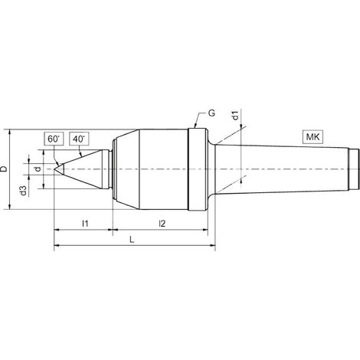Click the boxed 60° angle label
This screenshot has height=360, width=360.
pos(54,139)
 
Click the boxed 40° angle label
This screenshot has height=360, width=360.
pos(79,139)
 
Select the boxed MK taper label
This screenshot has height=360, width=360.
pos(313,137)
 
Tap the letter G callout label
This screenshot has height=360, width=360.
pos(211,113)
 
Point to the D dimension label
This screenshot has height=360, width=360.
pos(4,169)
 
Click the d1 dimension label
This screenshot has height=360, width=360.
pos(236,115)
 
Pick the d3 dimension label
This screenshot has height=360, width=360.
pos(23,191)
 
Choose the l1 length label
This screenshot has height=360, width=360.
pos(85,224)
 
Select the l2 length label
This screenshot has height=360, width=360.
pos(162,224)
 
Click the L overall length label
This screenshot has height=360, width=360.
pos(132,240)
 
